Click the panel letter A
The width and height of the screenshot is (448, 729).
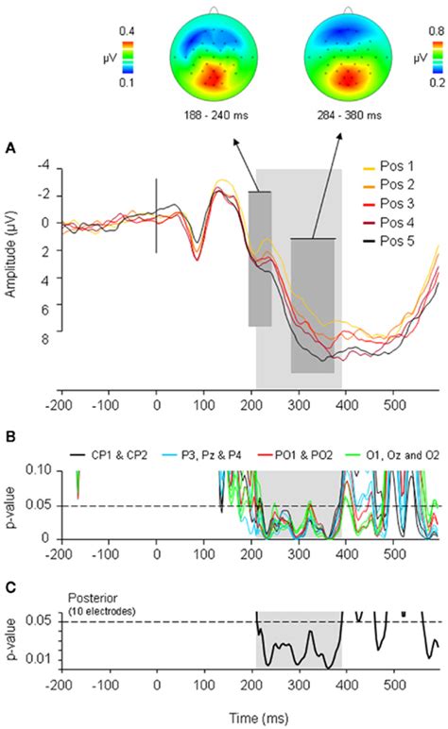tap(10, 148)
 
